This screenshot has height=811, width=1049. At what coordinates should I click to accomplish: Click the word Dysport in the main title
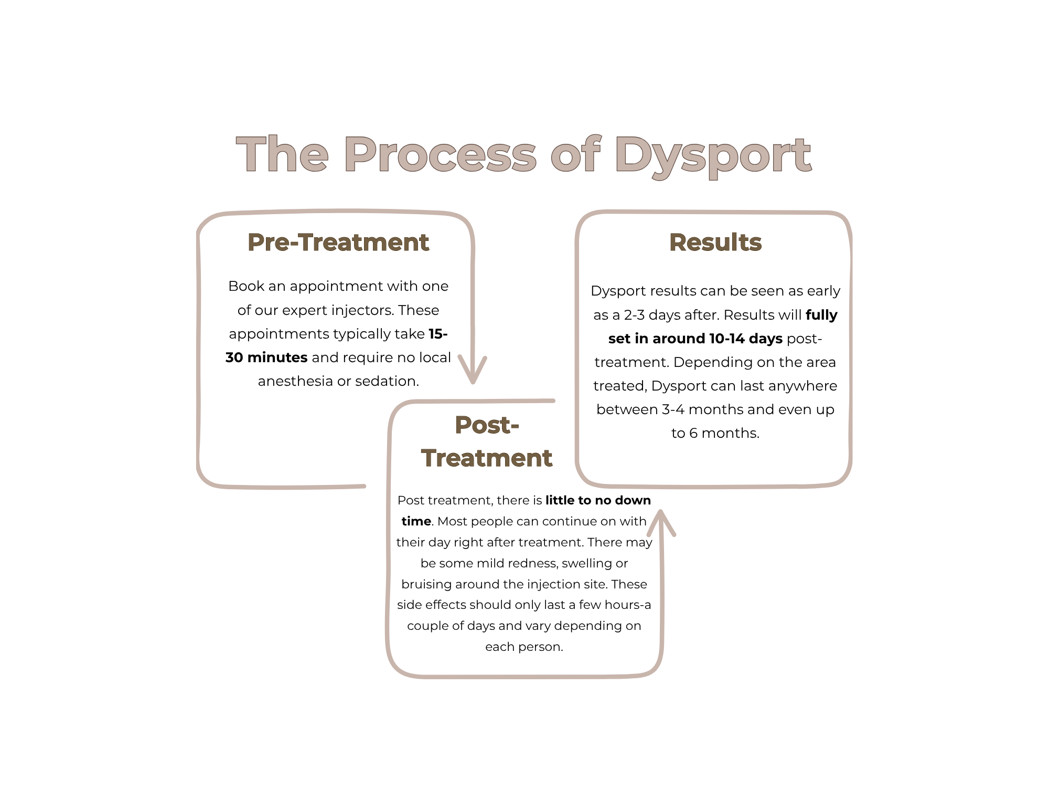pos(713,155)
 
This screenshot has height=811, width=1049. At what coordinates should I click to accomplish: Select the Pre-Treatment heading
pos(338,243)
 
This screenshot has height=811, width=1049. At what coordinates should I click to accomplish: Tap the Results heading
pos(715,243)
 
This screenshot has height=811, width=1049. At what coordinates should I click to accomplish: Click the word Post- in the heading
pos(487,425)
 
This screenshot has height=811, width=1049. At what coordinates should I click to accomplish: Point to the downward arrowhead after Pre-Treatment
pos(473,370)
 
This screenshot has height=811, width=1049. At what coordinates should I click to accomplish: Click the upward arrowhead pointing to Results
pos(661,522)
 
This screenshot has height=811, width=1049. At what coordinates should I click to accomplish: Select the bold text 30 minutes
pos(266,357)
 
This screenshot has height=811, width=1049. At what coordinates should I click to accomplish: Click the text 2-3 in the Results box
pos(634,315)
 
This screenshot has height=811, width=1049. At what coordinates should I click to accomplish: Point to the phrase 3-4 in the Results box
pos(673,409)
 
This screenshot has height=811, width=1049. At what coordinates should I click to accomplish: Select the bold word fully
pos(821,315)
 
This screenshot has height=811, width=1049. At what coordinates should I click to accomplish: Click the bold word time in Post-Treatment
pos(416,521)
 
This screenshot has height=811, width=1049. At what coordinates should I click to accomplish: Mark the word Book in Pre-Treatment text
pos(246,286)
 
